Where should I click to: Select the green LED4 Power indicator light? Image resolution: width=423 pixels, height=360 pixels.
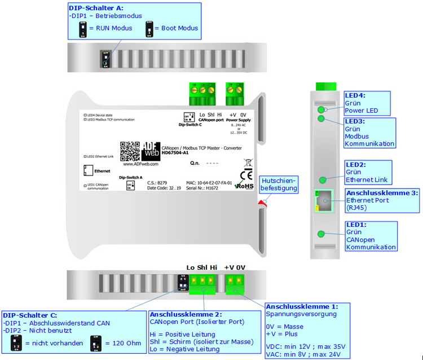point(321,109)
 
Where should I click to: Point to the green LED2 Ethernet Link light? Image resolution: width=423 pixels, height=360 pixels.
point(322,180)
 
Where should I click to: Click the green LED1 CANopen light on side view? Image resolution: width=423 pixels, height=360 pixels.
point(321,234)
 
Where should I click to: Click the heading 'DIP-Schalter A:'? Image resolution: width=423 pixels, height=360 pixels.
point(95,8)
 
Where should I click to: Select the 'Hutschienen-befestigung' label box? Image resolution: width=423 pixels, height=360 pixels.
point(279,184)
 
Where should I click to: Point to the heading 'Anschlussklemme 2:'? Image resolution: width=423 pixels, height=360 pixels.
point(186,314)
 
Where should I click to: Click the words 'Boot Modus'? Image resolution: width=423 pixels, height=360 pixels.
point(179,28)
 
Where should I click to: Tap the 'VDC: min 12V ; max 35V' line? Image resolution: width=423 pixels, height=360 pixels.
point(305,346)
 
